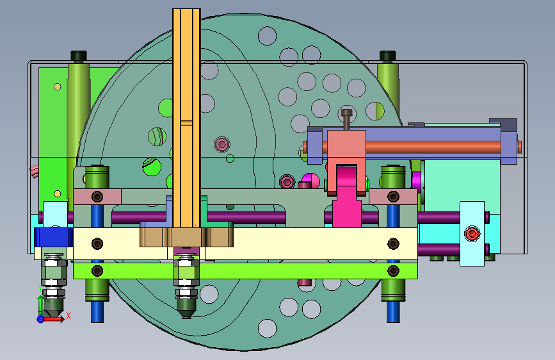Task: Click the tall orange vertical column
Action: pos(186,118)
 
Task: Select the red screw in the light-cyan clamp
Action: pos(472,234)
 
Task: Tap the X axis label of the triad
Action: pos(68,316)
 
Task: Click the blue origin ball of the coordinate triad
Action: pos(40,319)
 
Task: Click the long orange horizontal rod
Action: pos(410,147)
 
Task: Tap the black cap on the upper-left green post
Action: pos(79,56)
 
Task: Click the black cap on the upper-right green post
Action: pos(387,56)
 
